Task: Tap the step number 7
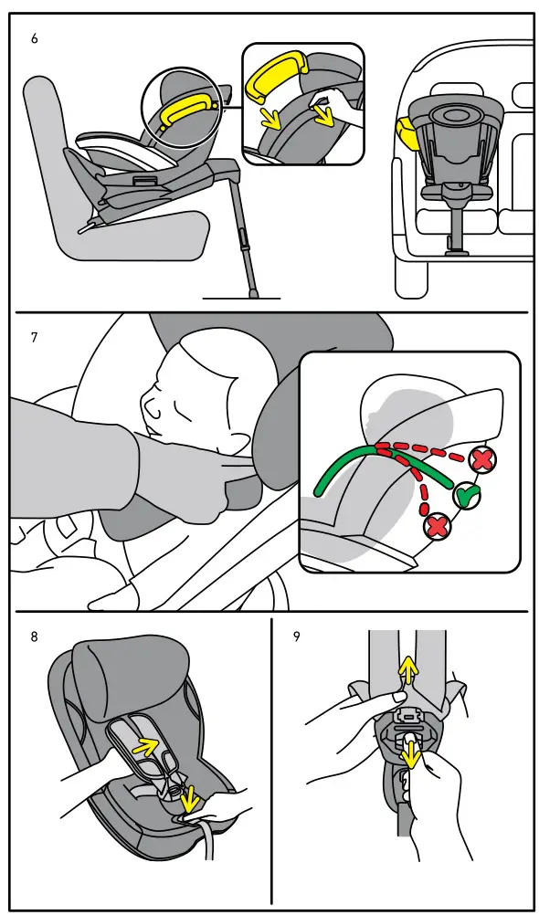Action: [x=35, y=337]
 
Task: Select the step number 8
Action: [x=35, y=636]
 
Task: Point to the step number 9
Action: [x=296, y=636]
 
